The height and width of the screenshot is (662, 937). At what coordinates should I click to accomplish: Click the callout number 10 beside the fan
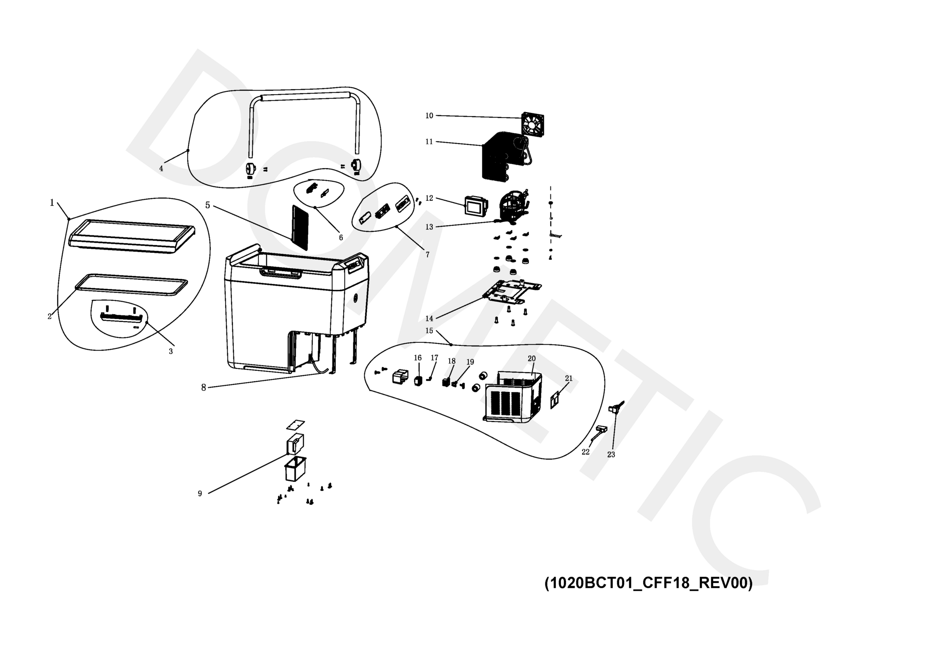click(x=429, y=116)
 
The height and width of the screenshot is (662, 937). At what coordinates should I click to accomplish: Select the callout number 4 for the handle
click(x=161, y=168)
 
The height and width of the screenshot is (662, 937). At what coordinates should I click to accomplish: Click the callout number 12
click(x=429, y=198)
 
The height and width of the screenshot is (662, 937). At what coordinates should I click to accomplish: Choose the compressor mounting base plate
click(x=512, y=292)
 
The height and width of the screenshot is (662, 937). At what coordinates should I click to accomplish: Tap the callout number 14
click(x=429, y=318)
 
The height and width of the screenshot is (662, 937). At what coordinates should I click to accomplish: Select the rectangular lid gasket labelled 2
click(x=131, y=285)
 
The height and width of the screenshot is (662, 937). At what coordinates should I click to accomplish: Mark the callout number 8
click(x=204, y=388)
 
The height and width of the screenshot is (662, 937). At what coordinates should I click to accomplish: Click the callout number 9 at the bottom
click(x=199, y=493)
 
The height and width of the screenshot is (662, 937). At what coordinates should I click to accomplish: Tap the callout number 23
click(x=611, y=454)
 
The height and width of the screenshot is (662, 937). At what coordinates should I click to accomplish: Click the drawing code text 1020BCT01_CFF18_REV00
click(x=648, y=583)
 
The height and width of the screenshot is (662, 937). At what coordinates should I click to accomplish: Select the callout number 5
click(x=208, y=205)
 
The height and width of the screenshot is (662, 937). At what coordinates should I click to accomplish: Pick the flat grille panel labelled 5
click(x=300, y=227)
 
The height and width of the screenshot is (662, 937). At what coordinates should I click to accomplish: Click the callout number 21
click(x=569, y=379)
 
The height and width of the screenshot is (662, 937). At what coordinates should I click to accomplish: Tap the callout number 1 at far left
click(x=52, y=203)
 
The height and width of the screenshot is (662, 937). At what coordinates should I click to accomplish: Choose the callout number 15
click(x=429, y=331)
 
